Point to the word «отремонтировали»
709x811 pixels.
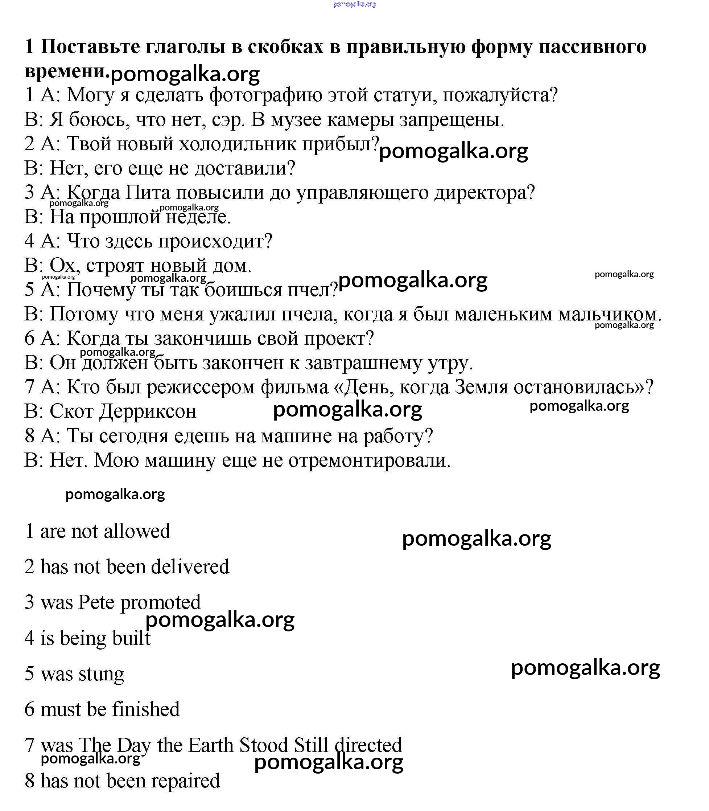[369, 461]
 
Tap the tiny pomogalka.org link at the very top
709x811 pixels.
[355, 4]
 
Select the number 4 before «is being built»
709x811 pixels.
[29, 639]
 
